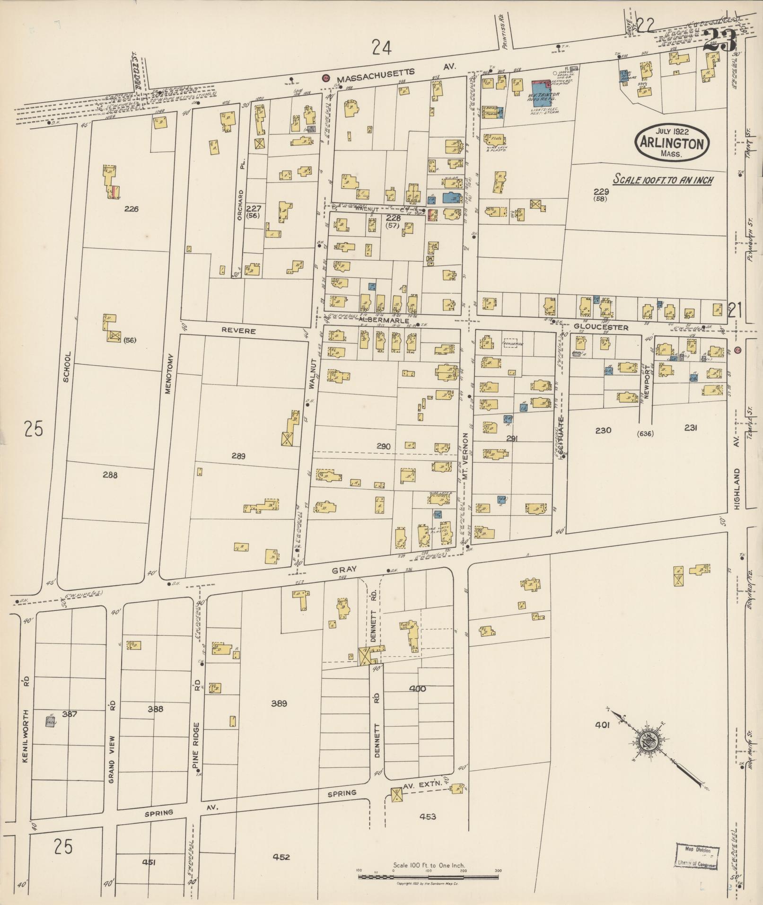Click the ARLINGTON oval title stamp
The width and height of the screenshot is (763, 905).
click(x=671, y=143)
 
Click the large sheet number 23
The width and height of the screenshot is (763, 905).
click(x=719, y=41)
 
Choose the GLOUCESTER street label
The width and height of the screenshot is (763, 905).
click(x=601, y=327)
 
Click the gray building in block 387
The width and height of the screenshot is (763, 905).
click(x=50, y=722)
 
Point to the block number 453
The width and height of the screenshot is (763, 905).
click(x=427, y=817)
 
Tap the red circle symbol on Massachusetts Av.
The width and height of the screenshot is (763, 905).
click(x=325, y=78)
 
